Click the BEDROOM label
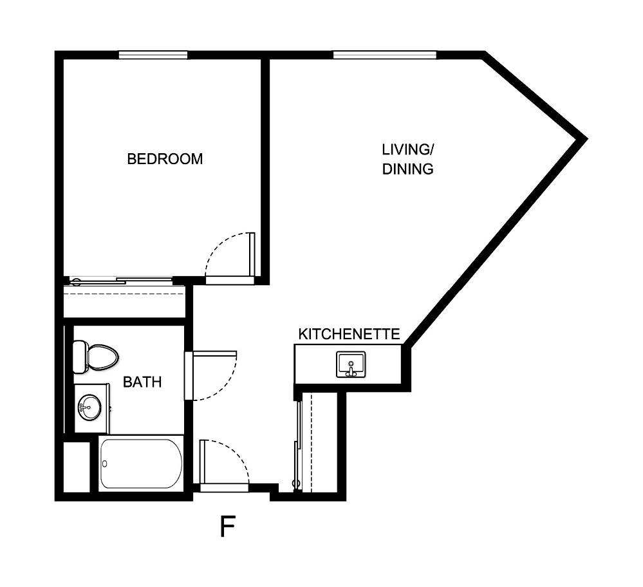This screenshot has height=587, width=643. (165, 158)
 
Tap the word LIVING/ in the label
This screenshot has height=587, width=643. (408, 150)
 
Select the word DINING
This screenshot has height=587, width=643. (407, 170)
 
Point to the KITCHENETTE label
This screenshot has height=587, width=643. (349, 334)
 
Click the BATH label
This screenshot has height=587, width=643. (142, 382)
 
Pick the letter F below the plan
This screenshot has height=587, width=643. (227, 526)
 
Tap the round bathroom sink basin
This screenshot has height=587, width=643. (87, 406)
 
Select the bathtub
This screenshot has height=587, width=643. (141, 463)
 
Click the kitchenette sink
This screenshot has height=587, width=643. (351, 365)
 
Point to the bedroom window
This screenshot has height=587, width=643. (153, 55)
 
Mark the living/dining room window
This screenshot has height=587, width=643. (385, 55)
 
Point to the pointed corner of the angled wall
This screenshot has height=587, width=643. (584, 138)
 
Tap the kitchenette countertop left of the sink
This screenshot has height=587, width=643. (315, 365)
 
